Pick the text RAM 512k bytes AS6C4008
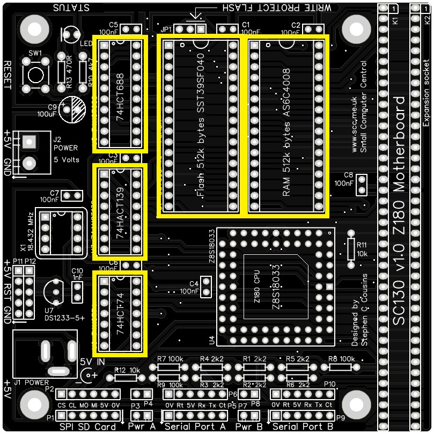[286, 132]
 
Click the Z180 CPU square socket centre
[276, 286]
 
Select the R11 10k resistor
[351, 248]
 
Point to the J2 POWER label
[65, 148]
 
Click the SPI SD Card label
[89, 427]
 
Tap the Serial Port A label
[195, 427]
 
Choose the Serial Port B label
[303, 427]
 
